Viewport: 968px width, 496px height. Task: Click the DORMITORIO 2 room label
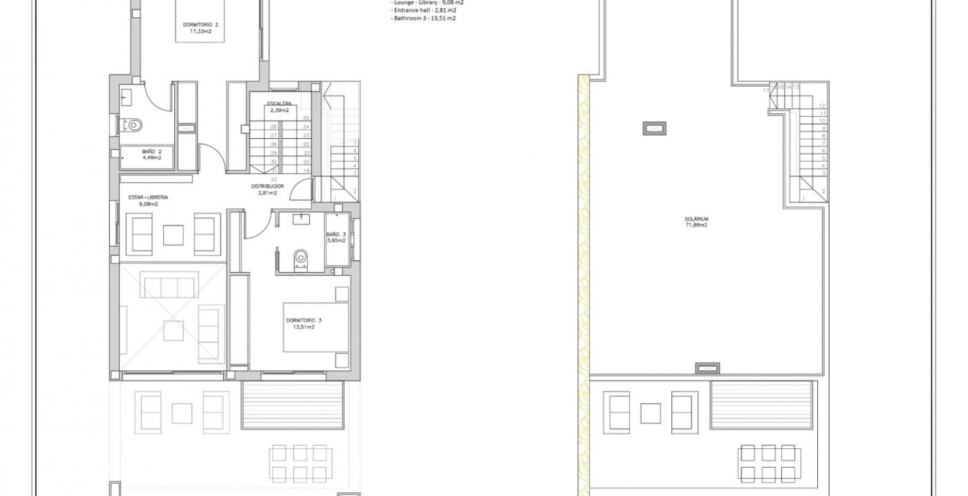200,25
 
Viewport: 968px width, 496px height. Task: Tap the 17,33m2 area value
200,31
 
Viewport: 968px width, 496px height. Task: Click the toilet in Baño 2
133,125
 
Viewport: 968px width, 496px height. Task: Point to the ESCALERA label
279,104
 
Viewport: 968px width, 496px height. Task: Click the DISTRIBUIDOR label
267,186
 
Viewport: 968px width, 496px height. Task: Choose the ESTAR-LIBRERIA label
148,197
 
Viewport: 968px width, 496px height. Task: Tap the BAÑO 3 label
336,234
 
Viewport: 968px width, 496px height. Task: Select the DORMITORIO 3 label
304,320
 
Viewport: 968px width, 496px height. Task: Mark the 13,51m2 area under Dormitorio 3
304,327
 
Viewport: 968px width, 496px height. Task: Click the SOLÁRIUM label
697,219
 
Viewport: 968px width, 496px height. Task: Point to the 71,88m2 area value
697,225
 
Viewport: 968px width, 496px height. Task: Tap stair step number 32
274,179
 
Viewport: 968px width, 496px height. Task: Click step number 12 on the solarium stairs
822,106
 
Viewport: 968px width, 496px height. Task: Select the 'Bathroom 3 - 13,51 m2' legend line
423,18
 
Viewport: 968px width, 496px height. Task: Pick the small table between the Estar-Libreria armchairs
174,235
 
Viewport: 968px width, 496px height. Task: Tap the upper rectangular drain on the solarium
654,128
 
